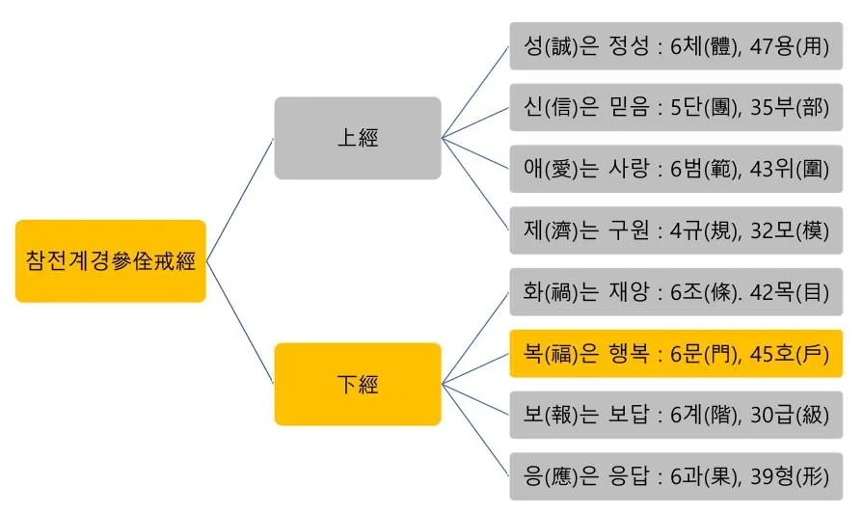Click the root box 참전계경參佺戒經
point(111,261)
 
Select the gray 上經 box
point(358,138)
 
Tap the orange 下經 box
point(358,384)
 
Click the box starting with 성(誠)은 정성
point(676,46)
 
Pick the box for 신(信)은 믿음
point(676,107)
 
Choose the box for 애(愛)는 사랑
point(676,169)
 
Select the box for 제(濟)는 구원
point(676,230)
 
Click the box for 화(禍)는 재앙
point(676,292)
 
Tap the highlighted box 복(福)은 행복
point(676,353)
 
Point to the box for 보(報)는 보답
point(676,415)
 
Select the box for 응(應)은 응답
point(676,476)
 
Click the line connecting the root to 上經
point(241,198)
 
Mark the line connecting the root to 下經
point(241,323)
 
